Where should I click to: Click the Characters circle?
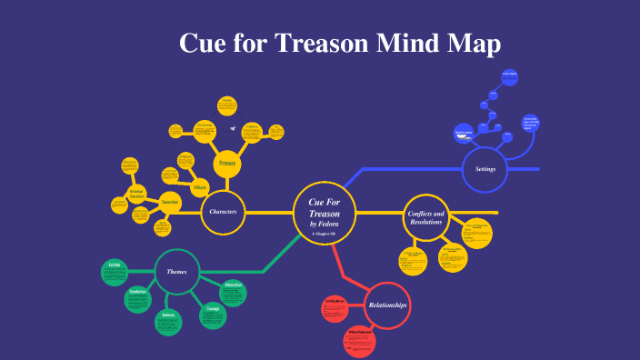pyautogui.click(x=223, y=212)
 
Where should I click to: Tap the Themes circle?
pyautogui.click(x=176, y=271)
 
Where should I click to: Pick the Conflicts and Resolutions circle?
pyautogui.click(x=425, y=217)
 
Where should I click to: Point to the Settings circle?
pyautogui.click(x=485, y=168)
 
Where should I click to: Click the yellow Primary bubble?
pyautogui.click(x=228, y=164)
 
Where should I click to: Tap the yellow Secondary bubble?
pyautogui.click(x=170, y=202)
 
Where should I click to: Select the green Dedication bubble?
pyautogui.click(x=138, y=298)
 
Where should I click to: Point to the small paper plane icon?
pyautogui.click(x=233, y=128)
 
